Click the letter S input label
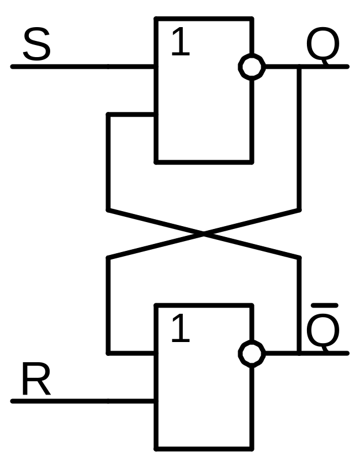(x=37, y=46)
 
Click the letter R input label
(x=36, y=380)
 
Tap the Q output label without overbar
(x=322, y=46)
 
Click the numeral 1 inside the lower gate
(x=181, y=330)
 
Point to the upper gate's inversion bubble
(x=252, y=67)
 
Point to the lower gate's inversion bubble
(x=252, y=353)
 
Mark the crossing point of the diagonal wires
(x=203, y=234)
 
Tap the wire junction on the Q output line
(x=299, y=67)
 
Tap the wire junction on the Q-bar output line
(x=299, y=353)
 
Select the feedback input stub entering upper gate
(x=132, y=115)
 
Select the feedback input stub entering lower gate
(x=132, y=352)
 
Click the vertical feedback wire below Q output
(x=299, y=138)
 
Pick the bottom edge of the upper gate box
(x=204, y=162)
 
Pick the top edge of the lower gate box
(x=204, y=305)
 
